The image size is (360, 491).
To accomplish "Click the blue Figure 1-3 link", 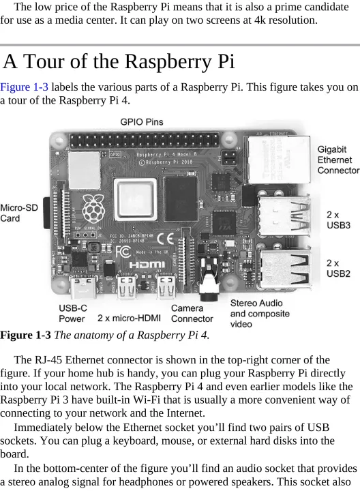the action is click(x=24, y=87).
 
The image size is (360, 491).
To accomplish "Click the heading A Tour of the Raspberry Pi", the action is click(x=119, y=61).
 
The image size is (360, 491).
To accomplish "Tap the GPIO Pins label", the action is click(x=142, y=122).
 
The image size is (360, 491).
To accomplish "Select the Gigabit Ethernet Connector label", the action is click(x=338, y=160).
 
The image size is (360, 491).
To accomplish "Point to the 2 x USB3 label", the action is click(x=338, y=220).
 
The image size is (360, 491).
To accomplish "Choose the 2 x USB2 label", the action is click(x=338, y=269).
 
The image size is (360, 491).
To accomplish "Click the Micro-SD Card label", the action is click(x=19, y=213).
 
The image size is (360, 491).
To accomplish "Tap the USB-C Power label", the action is click(x=73, y=314).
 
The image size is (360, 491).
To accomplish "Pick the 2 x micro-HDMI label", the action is click(x=129, y=318).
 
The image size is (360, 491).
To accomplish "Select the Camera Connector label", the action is click(x=192, y=314).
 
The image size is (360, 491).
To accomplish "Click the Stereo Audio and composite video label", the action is click(x=260, y=314).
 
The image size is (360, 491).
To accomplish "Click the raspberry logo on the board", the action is click(x=93, y=208).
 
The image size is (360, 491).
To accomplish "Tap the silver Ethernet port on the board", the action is click(x=278, y=160).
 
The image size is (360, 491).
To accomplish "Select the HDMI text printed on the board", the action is click(x=147, y=265).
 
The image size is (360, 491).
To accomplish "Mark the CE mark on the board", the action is click(x=166, y=239).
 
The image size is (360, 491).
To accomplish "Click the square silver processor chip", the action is click(x=135, y=199).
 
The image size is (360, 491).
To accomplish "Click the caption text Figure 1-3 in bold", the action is click(x=25, y=335).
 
